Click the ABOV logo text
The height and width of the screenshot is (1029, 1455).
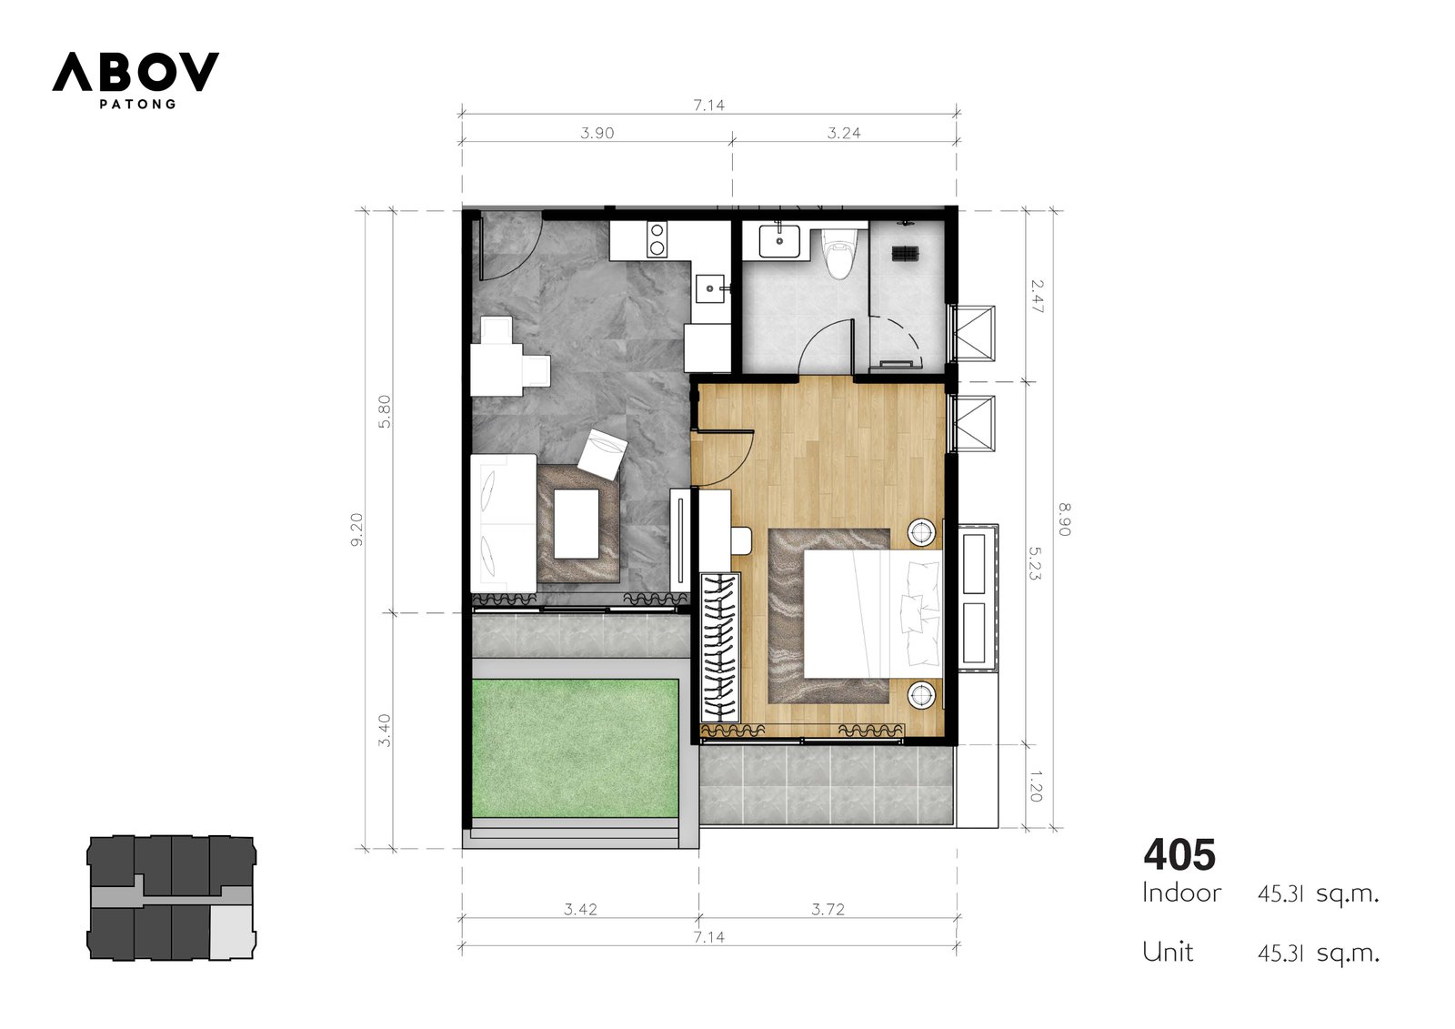click(x=135, y=72)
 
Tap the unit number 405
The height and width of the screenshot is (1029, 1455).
click(x=1179, y=855)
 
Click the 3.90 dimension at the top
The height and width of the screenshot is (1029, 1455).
click(x=597, y=133)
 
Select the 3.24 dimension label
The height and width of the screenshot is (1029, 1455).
click(x=844, y=133)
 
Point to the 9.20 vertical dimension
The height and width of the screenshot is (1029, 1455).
click(x=356, y=530)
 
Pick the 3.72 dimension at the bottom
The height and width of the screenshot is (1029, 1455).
click(x=828, y=909)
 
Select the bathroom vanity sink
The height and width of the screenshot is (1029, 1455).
click(x=779, y=241)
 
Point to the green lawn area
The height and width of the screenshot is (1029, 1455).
click(x=575, y=748)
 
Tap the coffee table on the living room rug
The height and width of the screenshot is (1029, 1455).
click(x=577, y=524)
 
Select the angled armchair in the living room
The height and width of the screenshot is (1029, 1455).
click(x=603, y=454)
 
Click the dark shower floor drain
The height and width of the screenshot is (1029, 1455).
click(x=906, y=254)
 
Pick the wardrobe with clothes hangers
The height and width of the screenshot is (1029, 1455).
click(x=719, y=648)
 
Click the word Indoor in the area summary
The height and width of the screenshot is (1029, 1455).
click(x=1181, y=893)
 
